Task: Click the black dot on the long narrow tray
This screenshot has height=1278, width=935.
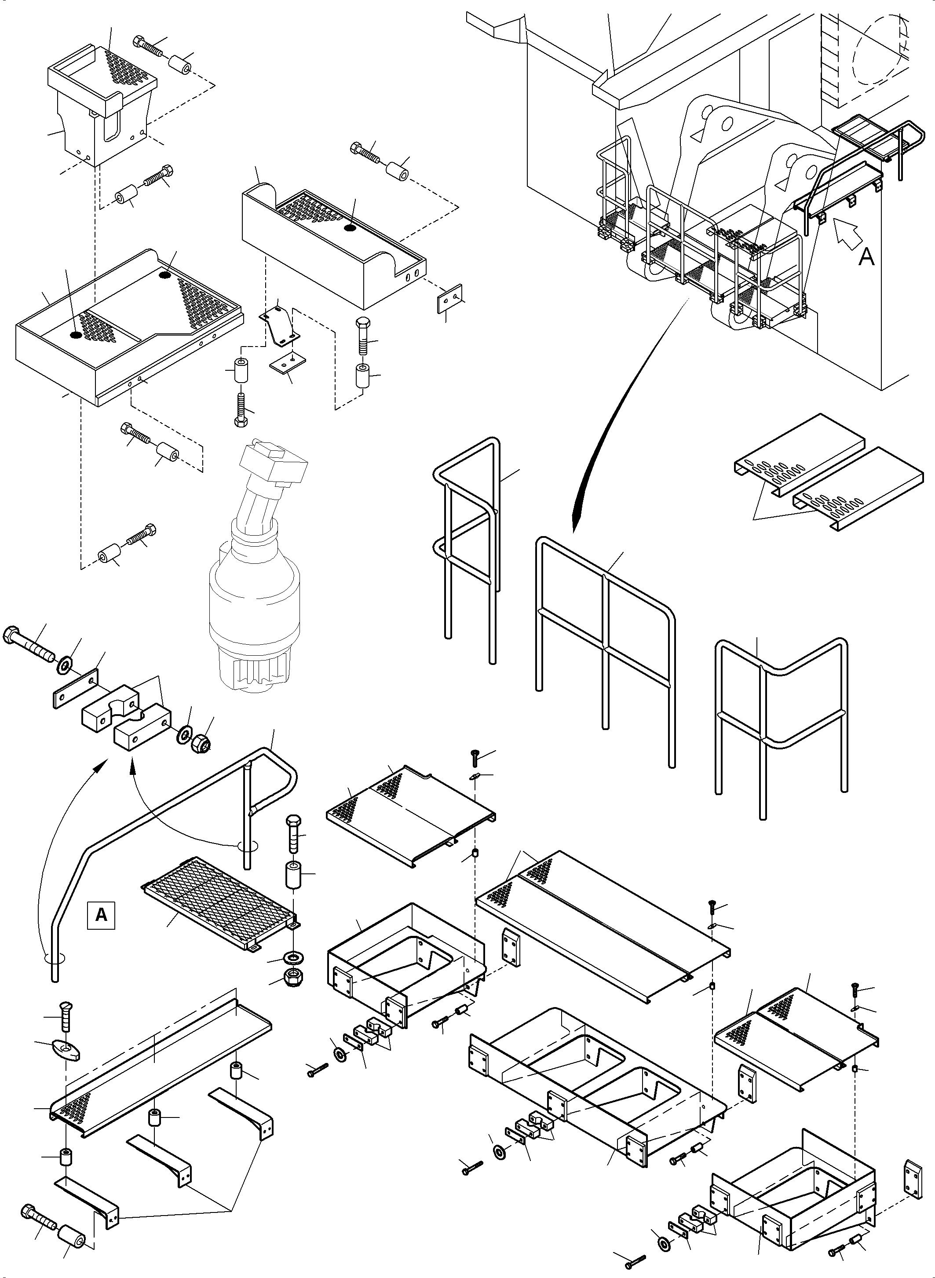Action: point(350,227)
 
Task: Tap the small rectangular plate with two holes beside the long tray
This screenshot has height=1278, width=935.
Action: point(450,298)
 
